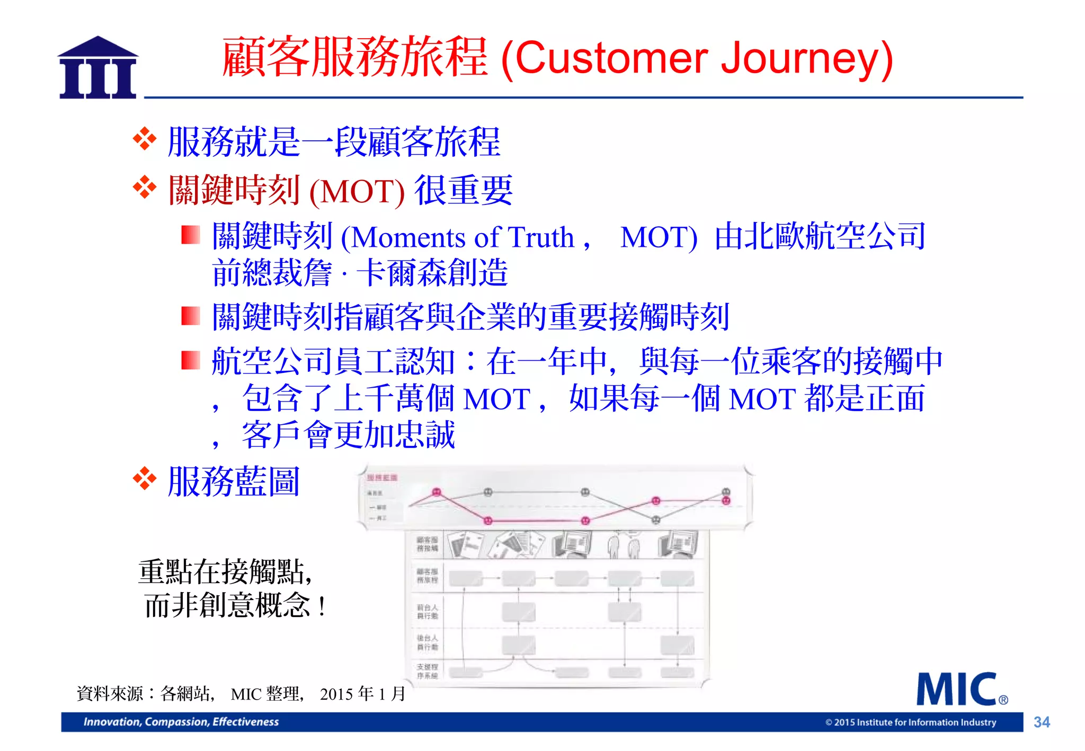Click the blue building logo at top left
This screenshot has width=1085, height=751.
pyautogui.click(x=98, y=68)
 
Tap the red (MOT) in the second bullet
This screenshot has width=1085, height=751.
pyautogui.click(x=357, y=191)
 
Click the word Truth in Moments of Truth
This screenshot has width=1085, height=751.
pyautogui.click(x=541, y=237)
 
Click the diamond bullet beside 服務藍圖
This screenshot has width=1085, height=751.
pyautogui.click(x=145, y=479)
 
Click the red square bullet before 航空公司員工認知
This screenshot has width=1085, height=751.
pyautogui.click(x=190, y=361)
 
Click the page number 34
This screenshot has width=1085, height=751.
pyautogui.click(x=1042, y=722)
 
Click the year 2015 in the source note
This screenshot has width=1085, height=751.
pyautogui.click(x=336, y=694)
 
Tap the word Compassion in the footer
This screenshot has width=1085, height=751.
pyautogui.click(x=177, y=722)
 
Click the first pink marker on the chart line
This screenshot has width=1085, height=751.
pyautogui.click(x=437, y=492)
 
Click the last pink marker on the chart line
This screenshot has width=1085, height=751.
pyautogui.click(x=726, y=500)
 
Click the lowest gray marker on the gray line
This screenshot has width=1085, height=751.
pyautogui.click(x=655, y=520)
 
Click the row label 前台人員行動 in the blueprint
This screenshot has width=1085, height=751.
pyautogui.click(x=427, y=612)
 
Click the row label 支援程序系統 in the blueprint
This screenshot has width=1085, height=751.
pyautogui.click(x=427, y=671)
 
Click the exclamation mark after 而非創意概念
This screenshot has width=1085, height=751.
pyautogui.click(x=322, y=606)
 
